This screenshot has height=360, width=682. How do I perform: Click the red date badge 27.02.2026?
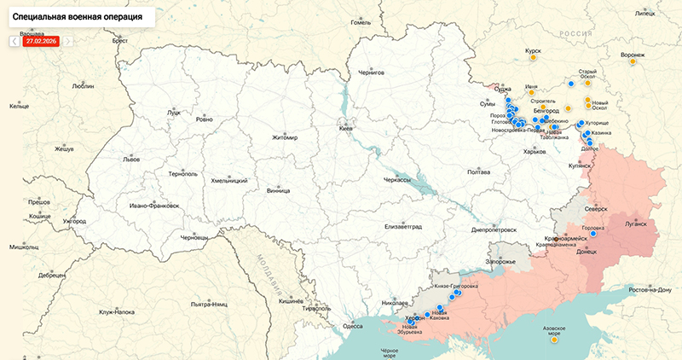40,40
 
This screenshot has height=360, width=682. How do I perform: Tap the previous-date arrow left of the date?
14,40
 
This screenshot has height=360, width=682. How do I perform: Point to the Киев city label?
345,129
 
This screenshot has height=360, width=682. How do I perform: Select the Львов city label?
107,160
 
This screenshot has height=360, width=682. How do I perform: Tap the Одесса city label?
352,326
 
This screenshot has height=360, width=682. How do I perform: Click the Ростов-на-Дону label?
650,290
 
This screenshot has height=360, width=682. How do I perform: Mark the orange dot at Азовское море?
554,340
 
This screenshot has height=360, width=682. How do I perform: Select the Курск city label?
534,51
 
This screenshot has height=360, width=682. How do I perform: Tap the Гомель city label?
361,23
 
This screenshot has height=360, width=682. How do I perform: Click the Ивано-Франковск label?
154,206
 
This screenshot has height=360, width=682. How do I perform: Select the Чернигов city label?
372,73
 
